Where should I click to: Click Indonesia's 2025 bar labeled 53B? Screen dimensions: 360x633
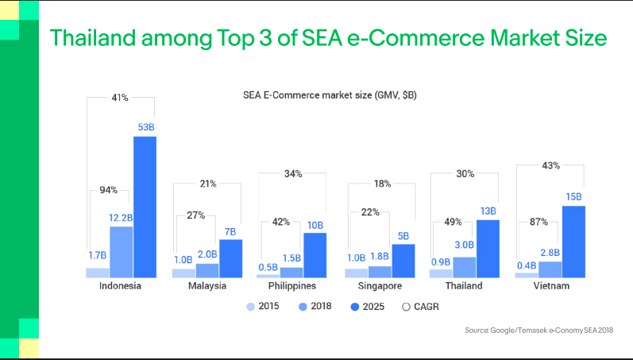pos(145,207)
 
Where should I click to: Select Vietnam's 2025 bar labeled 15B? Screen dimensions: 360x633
pos(573,242)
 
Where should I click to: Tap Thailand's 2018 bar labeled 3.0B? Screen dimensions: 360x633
pos(464,267)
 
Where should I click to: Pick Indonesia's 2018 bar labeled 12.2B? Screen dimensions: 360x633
pos(121,251)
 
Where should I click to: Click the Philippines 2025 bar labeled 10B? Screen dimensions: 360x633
pos(315,254)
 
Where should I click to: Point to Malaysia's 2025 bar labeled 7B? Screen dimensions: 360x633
pos(230,257)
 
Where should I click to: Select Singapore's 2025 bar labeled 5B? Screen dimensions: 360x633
pos(403,261)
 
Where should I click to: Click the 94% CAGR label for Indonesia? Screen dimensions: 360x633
pos(108,190)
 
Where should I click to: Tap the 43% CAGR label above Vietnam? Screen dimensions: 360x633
pos(550,165)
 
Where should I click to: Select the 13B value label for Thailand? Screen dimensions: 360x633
pos(488,211)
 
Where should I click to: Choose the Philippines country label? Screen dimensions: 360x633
pos(291,286)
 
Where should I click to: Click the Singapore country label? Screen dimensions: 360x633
pos(379,286)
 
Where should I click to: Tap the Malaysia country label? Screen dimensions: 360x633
pos(207,286)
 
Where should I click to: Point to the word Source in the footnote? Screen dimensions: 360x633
pos(476,330)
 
